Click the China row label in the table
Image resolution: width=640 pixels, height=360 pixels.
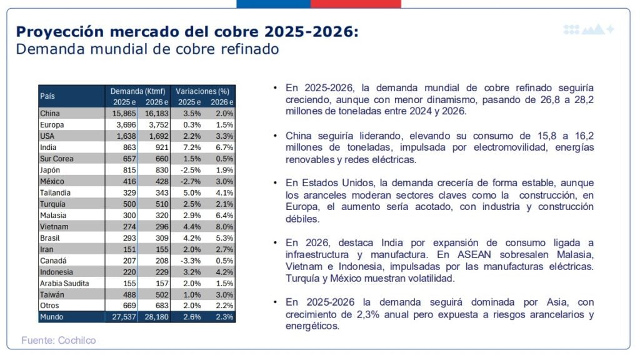click(50, 114)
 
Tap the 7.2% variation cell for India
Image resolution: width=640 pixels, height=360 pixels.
click(189, 147)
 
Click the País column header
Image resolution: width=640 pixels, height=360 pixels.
click(48, 96)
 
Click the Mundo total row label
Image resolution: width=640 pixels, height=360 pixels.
click(52, 317)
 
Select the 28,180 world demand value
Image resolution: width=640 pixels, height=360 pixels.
click(157, 317)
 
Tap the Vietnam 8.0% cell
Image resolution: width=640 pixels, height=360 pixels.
click(224, 226)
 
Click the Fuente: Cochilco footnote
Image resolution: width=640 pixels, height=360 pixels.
click(59, 341)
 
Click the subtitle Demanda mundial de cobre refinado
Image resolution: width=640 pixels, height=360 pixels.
click(147, 49)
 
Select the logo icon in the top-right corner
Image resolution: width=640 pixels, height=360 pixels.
click(589, 29)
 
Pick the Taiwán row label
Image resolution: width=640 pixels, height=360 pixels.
click(52, 294)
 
